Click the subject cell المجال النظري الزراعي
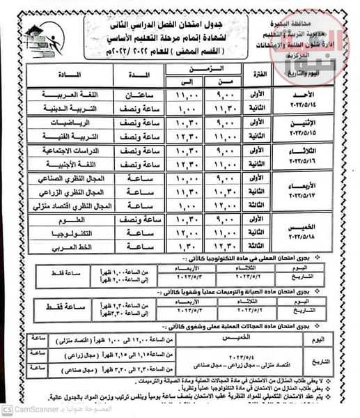pos(63,192)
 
